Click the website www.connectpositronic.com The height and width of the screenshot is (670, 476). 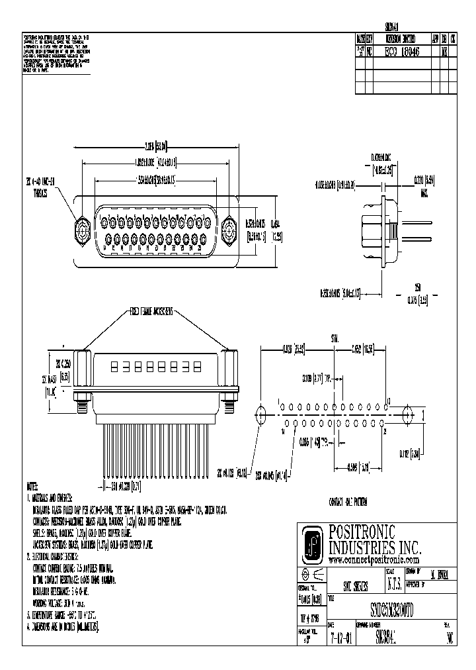point(374,559)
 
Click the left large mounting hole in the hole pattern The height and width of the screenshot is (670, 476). point(260,415)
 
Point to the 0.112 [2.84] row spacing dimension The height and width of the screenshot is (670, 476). point(428,454)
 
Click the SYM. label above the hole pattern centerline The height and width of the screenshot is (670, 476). point(337,339)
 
